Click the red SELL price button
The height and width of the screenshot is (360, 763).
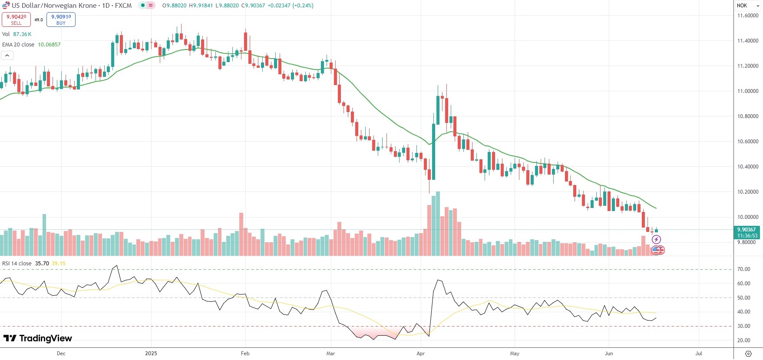(x=16, y=20)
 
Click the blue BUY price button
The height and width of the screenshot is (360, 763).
(x=61, y=20)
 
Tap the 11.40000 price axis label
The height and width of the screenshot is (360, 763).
(x=748, y=41)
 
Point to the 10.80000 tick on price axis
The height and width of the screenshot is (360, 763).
(x=748, y=116)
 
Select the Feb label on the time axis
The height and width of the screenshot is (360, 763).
(x=245, y=353)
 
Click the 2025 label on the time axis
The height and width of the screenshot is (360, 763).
(x=151, y=353)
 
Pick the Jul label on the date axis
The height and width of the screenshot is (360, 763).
(x=698, y=353)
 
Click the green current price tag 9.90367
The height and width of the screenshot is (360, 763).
(x=747, y=230)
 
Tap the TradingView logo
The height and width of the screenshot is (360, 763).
(x=38, y=338)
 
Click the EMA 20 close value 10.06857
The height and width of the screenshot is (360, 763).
(x=49, y=45)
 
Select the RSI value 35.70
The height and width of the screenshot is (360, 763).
(x=42, y=264)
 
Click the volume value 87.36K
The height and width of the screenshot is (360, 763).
(x=22, y=34)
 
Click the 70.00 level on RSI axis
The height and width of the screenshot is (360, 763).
(x=744, y=269)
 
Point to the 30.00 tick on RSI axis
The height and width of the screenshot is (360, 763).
(x=744, y=326)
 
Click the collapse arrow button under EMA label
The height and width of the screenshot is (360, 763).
(x=7, y=56)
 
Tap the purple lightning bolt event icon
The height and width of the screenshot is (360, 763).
(x=656, y=240)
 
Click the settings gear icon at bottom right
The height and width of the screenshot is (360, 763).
(x=748, y=353)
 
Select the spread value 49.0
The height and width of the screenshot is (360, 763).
(x=39, y=20)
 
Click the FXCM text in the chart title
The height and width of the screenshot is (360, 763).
(x=123, y=6)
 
